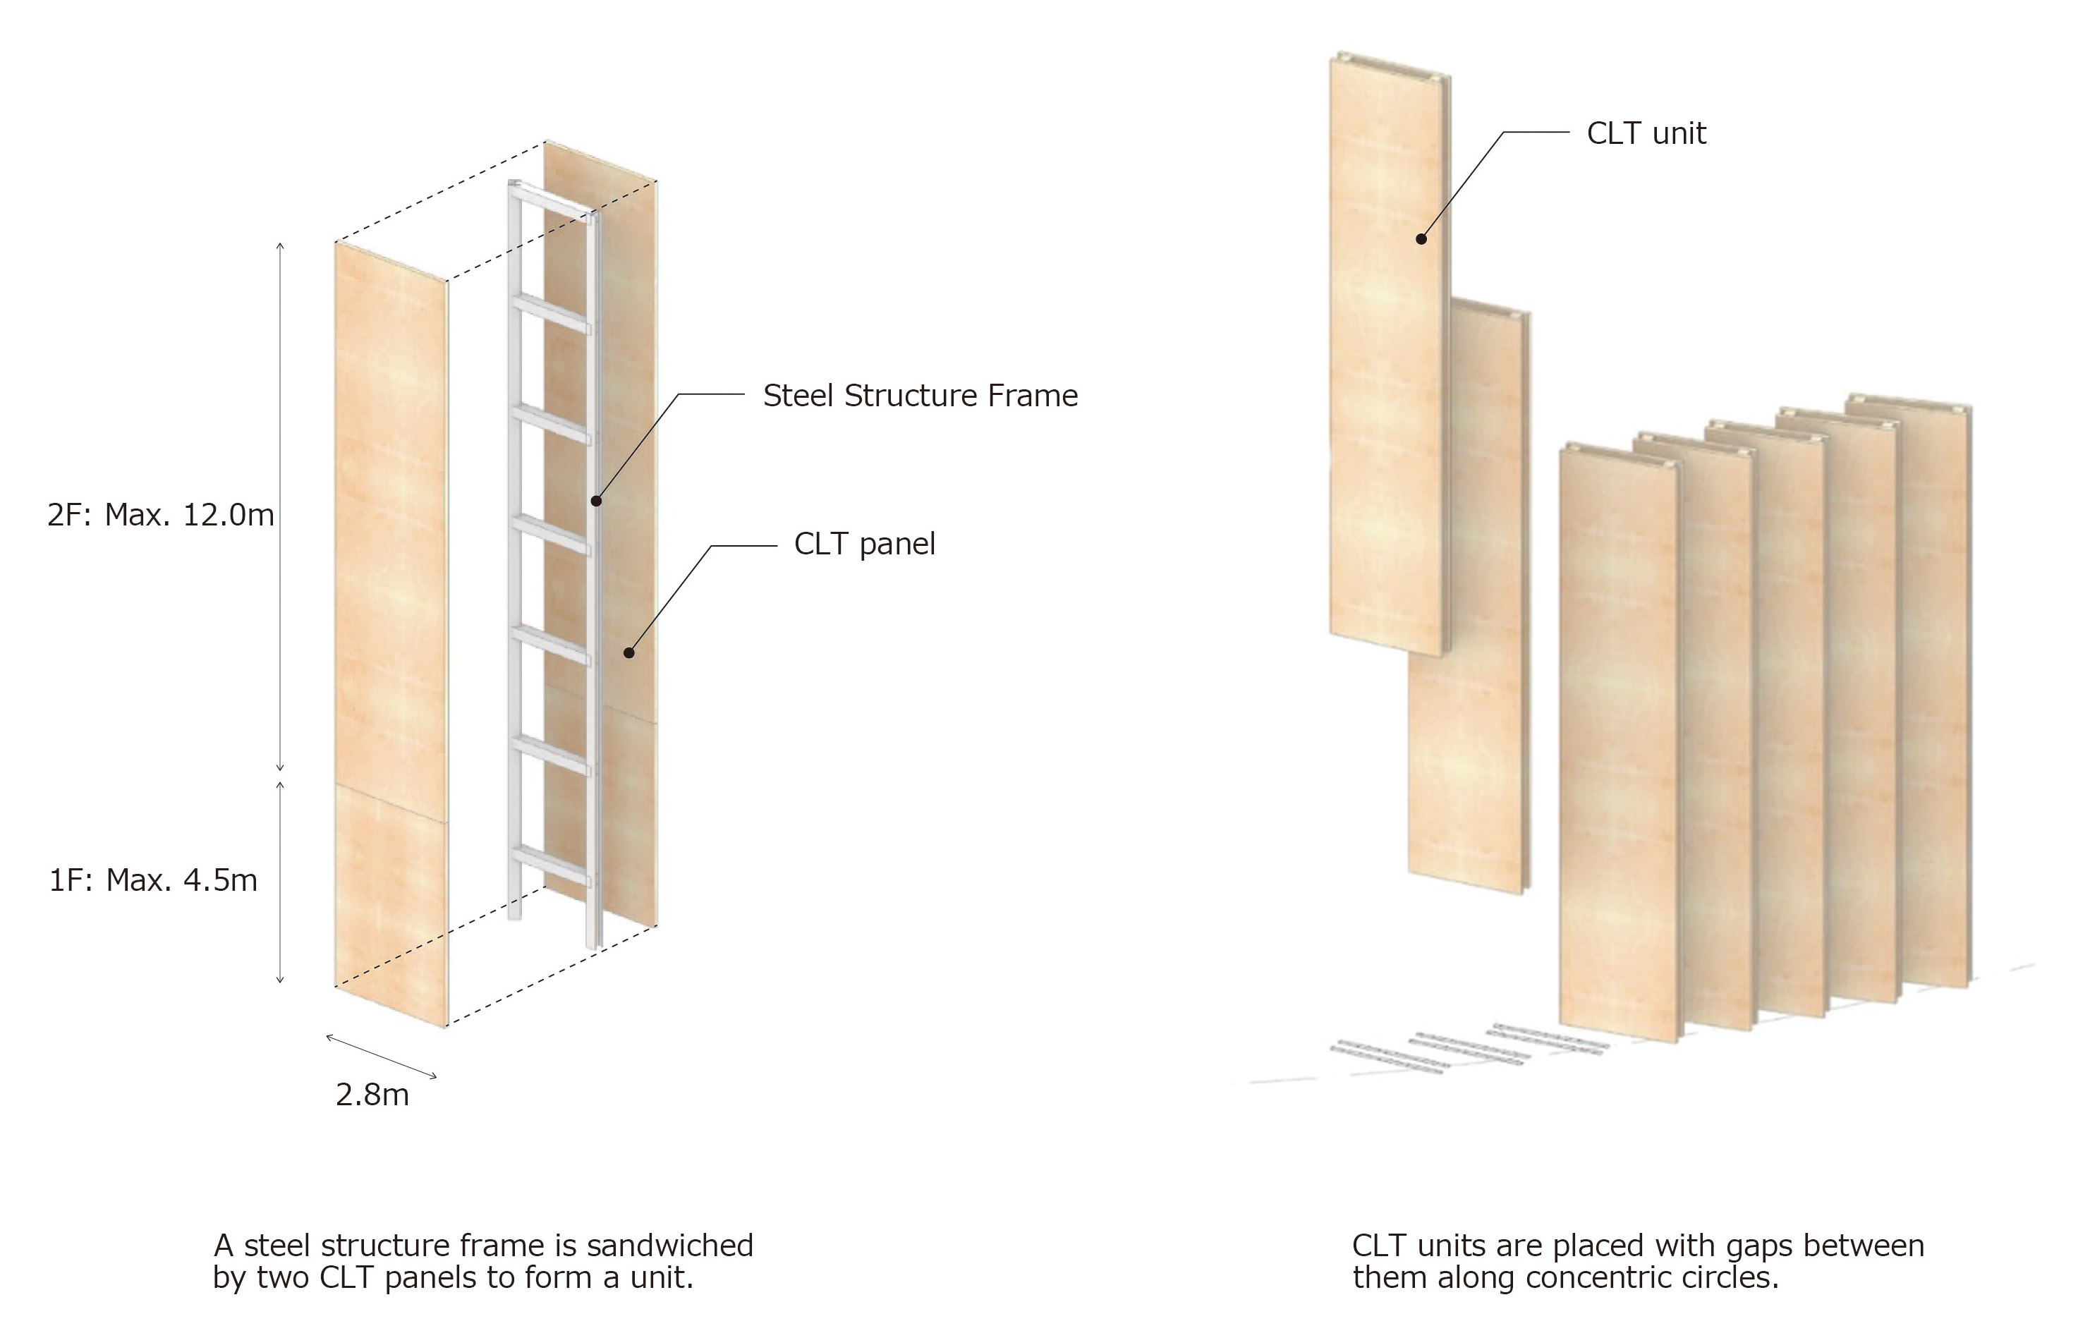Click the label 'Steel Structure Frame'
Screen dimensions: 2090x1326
click(920, 396)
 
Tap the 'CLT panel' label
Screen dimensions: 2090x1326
click(865, 544)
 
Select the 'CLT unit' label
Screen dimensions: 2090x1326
click(1646, 133)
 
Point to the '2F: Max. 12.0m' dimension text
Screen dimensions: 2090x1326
click(161, 516)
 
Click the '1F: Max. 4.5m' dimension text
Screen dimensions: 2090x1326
click(153, 881)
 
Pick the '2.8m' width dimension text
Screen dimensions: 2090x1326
click(372, 1095)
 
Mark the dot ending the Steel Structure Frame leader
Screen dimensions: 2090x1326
click(596, 501)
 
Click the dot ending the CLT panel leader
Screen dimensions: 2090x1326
click(628, 652)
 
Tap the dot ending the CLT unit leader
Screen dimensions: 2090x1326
click(1421, 238)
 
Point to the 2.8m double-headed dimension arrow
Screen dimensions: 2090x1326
click(381, 1056)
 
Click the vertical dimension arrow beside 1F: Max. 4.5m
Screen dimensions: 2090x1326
click(280, 882)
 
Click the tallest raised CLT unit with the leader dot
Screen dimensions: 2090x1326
click(1390, 354)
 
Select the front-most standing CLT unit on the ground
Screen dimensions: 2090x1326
click(1620, 743)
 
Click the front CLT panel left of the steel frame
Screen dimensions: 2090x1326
click(391, 634)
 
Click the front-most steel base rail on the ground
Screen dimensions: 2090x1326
click(1386, 1059)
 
